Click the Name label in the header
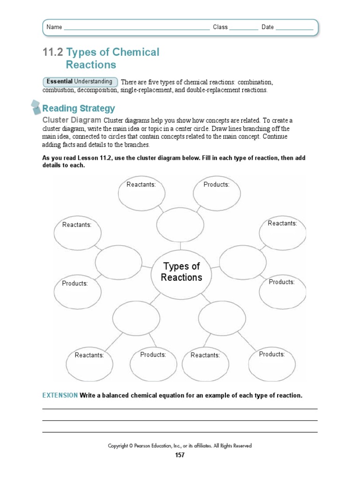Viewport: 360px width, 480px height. pyautogui.click(x=54, y=27)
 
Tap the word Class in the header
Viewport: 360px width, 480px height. pyautogui.click(x=220, y=27)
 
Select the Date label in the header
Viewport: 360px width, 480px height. pyautogui.click(x=268, y=27)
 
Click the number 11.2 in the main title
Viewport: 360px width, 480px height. pyautogui.click(x=52, y=52)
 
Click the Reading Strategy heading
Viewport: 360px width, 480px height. pyautogui.click(x=79, y=109)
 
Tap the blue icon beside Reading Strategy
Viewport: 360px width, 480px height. pyautogui.click(x=36, y=107)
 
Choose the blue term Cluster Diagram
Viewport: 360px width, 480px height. pyautogui.click(x=72, y=120)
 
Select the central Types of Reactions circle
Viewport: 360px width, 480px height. pyautogui.click(x=181, y=272)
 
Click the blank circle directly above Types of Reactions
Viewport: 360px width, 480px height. pyautogui.click(x=180, y=225)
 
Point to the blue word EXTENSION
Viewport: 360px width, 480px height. pyautogui.click(x=60, y=396)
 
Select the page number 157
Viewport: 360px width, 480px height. pyautogui.click(x=180, y=455)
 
